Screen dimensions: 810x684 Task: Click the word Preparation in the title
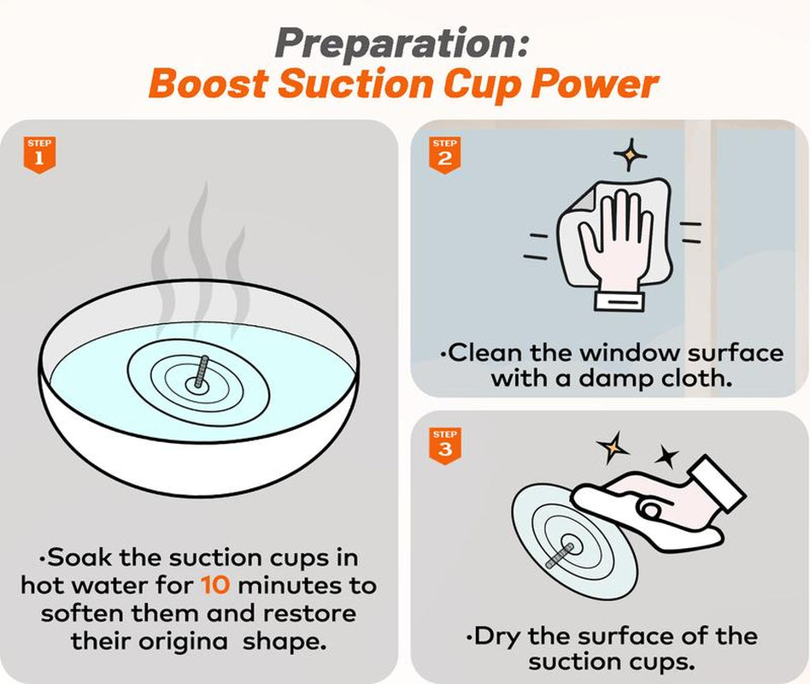coord(396,44)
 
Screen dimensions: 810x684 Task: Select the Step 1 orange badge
coord(39,155)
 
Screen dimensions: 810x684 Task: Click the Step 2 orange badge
coord(445,155)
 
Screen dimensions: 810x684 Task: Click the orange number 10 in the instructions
coord(215,586)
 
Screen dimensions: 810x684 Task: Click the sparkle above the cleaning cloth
coord(630,154)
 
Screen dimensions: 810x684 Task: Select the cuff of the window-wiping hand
coord(620,300)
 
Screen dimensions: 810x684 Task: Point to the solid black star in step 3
coord(667,456)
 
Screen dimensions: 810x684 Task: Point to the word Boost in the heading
coord(208,85)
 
